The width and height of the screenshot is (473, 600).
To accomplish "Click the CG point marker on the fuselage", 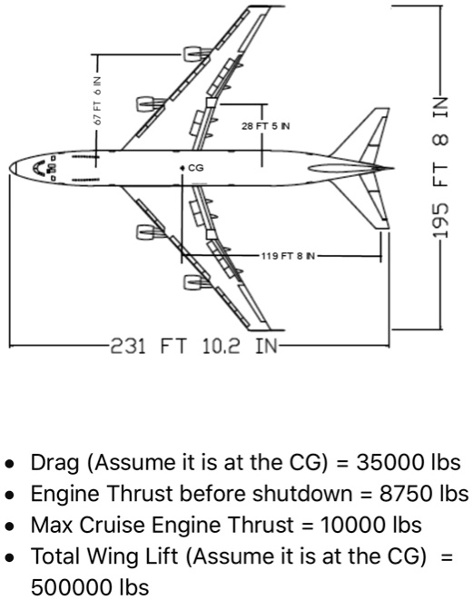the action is click(182, 168).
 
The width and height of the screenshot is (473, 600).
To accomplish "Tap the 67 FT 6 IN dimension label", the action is click(97, 100).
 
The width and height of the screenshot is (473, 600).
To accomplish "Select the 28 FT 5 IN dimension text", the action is click(266, 126).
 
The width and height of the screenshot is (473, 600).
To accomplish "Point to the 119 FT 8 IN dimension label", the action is click(288, 256).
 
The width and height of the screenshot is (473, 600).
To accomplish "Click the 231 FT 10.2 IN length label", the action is click(193, 347).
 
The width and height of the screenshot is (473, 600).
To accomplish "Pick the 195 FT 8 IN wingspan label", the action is click(440, 167).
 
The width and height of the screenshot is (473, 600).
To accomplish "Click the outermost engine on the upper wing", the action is click(196, 54).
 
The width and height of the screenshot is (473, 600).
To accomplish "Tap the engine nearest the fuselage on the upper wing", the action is click(150, 103).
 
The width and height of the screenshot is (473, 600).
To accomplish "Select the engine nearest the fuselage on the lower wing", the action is click(150, 232).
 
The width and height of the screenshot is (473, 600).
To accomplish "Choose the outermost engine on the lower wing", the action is click(196, 283).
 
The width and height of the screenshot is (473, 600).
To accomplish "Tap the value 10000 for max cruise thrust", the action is click(352, 525).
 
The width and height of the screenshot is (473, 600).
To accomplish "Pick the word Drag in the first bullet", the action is click(55, 463).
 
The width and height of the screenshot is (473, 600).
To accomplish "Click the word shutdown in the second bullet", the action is click(302, 494).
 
